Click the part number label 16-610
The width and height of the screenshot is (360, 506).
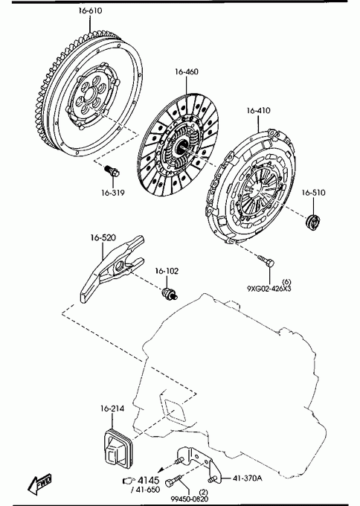pos(90,10)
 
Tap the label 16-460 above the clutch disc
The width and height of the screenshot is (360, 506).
pos(187,71)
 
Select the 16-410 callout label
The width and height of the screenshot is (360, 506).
pos(258,111)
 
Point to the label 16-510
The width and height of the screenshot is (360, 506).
pos(314,193)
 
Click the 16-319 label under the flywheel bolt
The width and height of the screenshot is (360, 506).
pos(113,193)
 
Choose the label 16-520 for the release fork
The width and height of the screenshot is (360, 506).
pos(103,238)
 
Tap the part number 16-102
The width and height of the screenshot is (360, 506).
pos(167,271)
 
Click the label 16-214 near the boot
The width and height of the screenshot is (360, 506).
pos(112,409)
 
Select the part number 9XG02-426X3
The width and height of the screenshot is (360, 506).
pos(269,289)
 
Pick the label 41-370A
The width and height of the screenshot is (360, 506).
pos(248,478)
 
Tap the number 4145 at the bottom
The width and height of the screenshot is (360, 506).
pos(149,481)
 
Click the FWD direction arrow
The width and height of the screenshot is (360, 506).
pos(39,484)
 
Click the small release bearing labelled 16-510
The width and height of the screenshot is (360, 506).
pos(312,222)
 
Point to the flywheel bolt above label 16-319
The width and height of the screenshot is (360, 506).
pos(112,170)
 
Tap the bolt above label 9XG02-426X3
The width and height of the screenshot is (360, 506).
pos(266,260)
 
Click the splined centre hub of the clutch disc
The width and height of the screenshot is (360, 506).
pos(180,147)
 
